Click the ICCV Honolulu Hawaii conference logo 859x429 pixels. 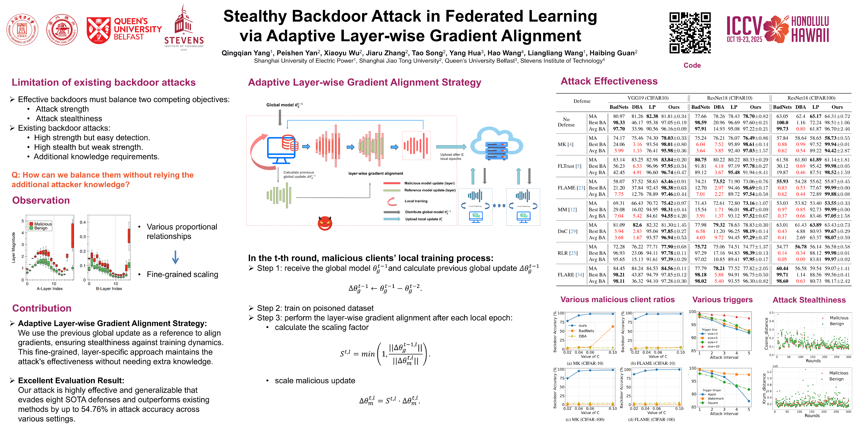pos(778,29)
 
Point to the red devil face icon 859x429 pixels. pos(325,223)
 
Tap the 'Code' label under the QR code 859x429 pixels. pos(692,65)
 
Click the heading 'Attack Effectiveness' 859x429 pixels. pos(609,81)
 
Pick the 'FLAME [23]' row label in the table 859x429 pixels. pos(571,188)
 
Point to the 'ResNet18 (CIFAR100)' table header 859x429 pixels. pos(811,98)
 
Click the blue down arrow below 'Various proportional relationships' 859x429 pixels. pos(175,257)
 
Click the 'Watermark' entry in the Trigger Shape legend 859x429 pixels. pos(715,398)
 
